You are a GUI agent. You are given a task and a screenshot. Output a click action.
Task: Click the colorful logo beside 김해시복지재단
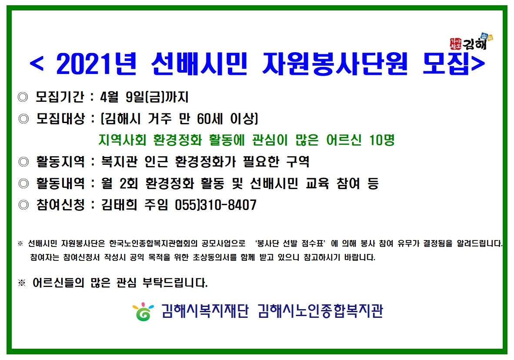143,311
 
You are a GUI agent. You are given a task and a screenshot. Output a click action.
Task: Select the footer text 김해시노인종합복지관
320,311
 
